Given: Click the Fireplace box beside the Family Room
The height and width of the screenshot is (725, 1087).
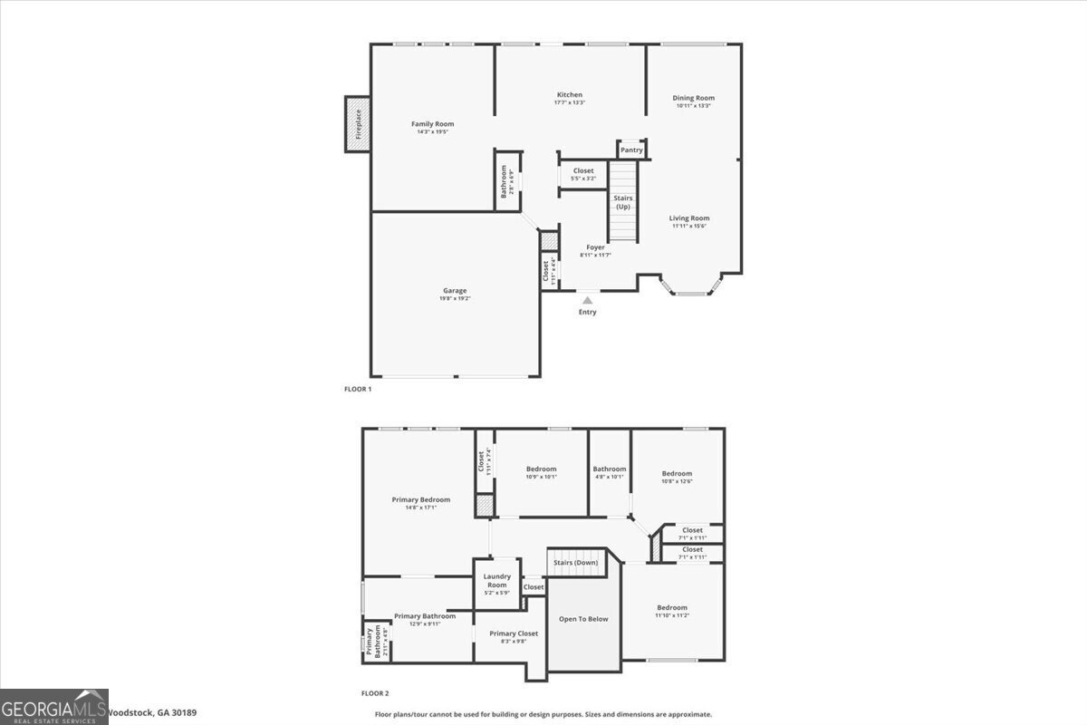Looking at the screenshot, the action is coord(357,124).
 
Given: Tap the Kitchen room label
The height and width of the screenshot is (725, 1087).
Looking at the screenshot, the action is coord(570,95).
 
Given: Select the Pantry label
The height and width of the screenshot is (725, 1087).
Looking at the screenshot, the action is coord(631,150).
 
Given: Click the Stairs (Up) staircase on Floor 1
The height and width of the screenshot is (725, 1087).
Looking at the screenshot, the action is coord(622,201).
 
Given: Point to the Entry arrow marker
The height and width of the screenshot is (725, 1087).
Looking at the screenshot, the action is coord(588,300).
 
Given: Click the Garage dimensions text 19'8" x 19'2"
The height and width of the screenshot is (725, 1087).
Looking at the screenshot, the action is coord(456,298).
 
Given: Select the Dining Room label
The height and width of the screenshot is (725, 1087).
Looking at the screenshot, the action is coord(693,98).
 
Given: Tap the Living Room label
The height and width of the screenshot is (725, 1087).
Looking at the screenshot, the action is coord(689,218).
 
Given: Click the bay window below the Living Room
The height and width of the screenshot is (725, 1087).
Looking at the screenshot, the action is coord(693,289).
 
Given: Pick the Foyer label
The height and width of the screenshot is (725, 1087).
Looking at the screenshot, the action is coord(595,247).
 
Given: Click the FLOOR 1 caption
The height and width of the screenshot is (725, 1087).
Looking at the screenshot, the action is coord(358,389).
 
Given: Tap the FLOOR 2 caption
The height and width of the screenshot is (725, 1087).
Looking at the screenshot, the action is coord(375,694).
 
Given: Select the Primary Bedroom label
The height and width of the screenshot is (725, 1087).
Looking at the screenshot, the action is coord(421,499).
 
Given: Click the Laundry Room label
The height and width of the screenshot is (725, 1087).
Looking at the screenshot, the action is coord(497,580).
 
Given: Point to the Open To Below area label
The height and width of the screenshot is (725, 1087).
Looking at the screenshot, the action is coord(583,619).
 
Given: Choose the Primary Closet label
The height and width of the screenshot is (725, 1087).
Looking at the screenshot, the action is coord(514,633).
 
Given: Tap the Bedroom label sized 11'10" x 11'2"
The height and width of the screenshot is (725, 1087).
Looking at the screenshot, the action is coord(672,607).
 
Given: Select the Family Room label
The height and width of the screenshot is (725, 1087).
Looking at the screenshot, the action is coord(432,124).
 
